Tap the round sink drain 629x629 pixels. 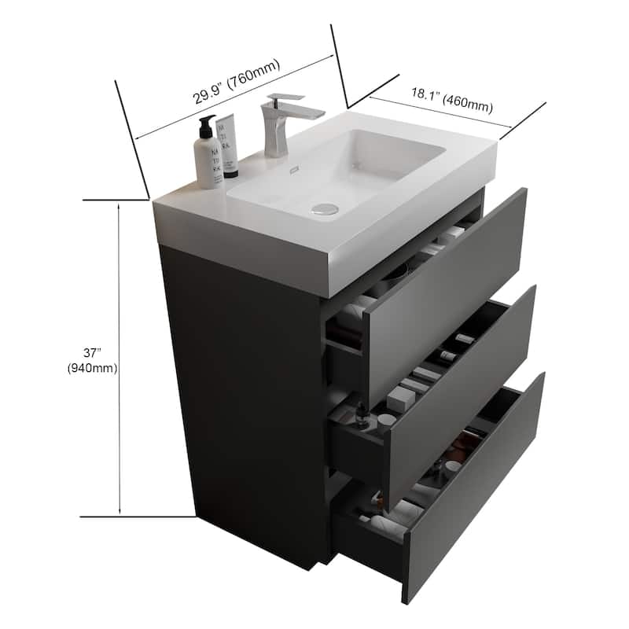pos(325,209)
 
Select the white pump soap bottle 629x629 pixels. pos(208,157)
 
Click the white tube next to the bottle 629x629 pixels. pos(227,146)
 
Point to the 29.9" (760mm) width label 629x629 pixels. pos(237,83)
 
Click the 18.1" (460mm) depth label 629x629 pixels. pos(451,99)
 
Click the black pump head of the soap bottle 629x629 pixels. pos(207,124)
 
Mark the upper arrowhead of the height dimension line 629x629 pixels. pos(119,205)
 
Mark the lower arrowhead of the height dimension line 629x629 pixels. pos(119,512)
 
